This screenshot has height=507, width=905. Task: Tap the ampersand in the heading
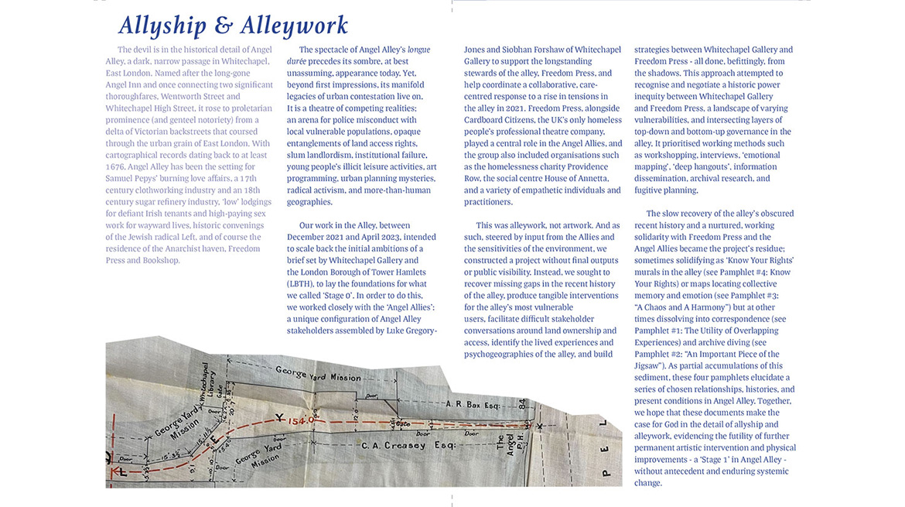(224, 26)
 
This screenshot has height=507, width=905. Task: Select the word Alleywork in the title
(295, 26)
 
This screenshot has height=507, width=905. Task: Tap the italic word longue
(418, 50)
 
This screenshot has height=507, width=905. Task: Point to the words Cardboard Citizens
(504, 120)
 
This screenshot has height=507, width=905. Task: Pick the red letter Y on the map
(278, 418)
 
